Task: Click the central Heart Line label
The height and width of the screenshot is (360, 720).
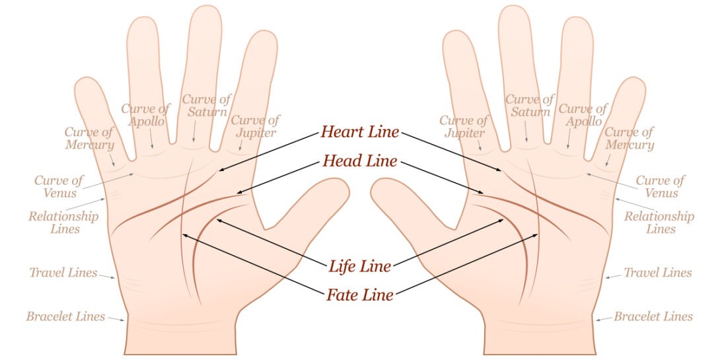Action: click(x=360, y=132)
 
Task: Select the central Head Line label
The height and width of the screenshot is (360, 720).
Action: click(x=360, y=161)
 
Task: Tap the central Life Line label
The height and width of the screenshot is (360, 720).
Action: click(x=360, y=266)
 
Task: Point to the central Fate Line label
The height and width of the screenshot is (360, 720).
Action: click(x=360, y=294)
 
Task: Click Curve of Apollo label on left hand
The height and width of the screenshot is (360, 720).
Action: click(x=146, y=114)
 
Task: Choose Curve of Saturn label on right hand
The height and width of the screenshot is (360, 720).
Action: click(x=530, y=106)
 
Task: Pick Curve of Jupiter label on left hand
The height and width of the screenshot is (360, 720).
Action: click(x=254, y=126)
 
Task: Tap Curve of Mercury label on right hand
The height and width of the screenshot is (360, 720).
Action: click(x=630, y=139)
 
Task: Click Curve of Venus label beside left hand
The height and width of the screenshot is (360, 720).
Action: click(x=59, y=186)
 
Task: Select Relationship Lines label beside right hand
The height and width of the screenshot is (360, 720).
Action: click(x=659, y=222)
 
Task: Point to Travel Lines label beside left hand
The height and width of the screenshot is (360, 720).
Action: click(x=63, y=273)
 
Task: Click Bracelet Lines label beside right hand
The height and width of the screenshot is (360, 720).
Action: click(x=653, y=316)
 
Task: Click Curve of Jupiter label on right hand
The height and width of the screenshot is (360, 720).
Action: click(x=464, y=126)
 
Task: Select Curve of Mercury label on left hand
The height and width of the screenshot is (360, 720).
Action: click(x=89, y=139)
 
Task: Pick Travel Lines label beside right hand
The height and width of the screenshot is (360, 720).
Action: click(x=658, y=273)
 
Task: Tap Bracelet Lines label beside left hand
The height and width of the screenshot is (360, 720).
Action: click(x=65, y=316)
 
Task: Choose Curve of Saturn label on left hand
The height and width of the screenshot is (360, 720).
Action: click(x=207, y=106)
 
